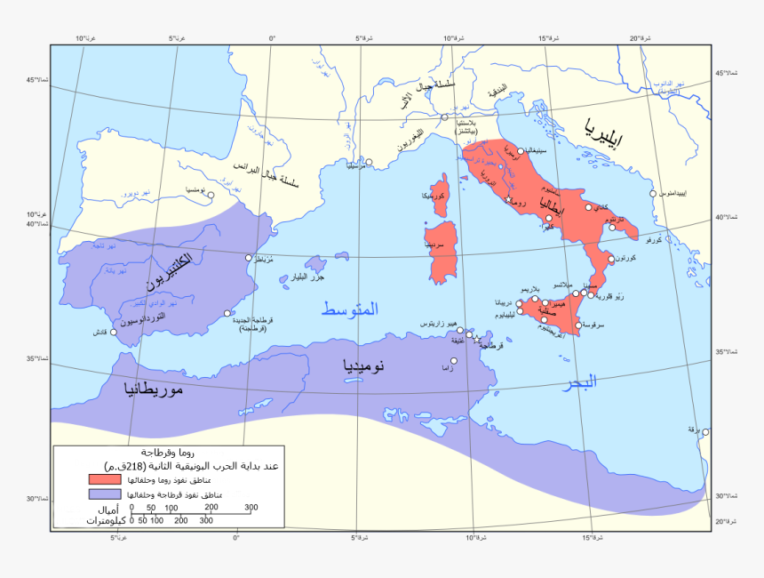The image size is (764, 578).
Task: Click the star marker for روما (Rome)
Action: (508, 199)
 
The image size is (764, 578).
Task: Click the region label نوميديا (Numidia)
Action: (365, 365)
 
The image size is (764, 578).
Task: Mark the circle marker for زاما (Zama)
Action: (454, 360)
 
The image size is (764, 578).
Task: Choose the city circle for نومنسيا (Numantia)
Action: (211, 196)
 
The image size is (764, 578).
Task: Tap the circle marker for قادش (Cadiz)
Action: (114, 333)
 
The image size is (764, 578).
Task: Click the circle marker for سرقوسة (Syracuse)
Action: (578, 325)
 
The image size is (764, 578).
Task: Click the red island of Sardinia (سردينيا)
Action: (442, 241)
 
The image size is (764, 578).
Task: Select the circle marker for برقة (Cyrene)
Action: (705, 432)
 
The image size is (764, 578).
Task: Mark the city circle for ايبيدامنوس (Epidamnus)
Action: (653, 193)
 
